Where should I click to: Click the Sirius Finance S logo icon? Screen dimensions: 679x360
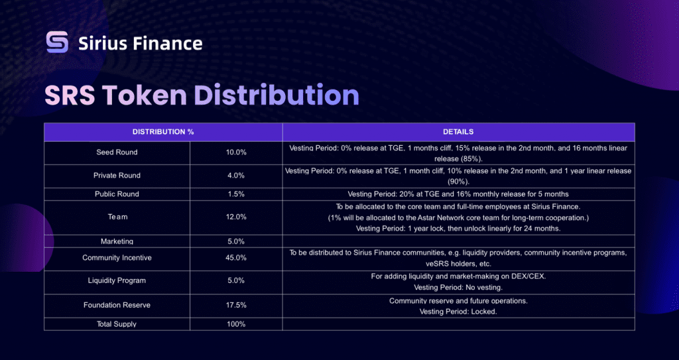pyautogui.click(x=58, y=42)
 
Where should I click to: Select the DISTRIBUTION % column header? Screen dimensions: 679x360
pyautogui.click(x=163, y=132)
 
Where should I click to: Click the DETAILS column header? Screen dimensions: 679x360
pyautogui.click(x=458, y=132)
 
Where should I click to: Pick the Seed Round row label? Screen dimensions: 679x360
pyautogui.click(x=117, y=152)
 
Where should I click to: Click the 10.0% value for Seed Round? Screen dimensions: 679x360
pyautogui.click(x=237, y=152)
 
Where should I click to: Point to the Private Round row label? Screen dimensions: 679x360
pyautogui.click(x=117, y=176)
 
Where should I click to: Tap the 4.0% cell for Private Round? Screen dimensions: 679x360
pyautogui.click(x=237, y=176)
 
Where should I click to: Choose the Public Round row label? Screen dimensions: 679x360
pyautogui.click(x=117, y=194)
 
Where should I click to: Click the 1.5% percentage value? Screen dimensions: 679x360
pyautogui.click(x=237, y=194)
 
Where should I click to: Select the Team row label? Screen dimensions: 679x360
pyautogui.click(x=117, y=217)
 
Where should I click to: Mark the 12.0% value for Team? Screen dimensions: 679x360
pyautogui.click(x=237, y=217)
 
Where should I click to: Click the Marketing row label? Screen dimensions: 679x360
pyautogui.click(x=117, y=241)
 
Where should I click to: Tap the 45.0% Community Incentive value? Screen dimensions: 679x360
pyautogui.click(x=237, y=258)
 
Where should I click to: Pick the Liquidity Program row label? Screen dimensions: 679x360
pyautogui.click(x=117, y=280)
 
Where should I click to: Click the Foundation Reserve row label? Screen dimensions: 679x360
pyautogui.click(x=117, y=306)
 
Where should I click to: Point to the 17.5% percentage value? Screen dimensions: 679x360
pyautogui.click(x=237, y=306)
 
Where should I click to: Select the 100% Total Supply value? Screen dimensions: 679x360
pyautogui.click(x=237, y=324)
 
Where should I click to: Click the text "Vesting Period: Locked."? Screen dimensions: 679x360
pyautogui.click(x=458, y=312)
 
